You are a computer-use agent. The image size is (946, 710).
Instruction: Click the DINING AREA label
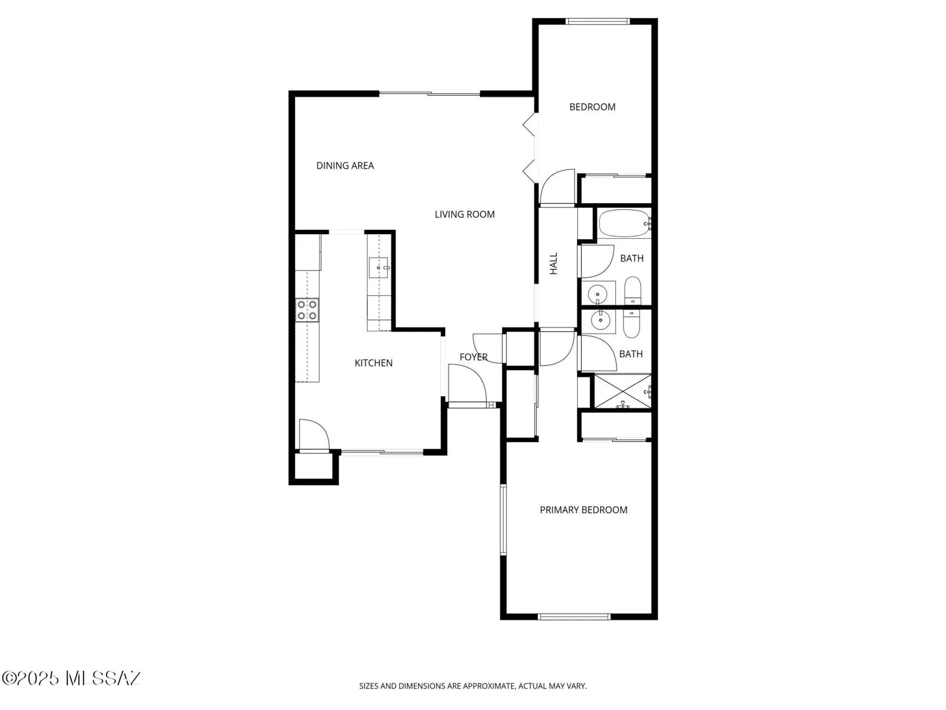point(345,166)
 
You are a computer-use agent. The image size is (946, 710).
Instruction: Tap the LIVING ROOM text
point(464,214)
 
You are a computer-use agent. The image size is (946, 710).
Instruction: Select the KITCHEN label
point(373,363)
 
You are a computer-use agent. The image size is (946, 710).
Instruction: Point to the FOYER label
point(473,357)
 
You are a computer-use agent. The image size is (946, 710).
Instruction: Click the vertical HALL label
point(554,263)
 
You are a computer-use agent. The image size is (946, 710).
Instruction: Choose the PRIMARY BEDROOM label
point(583,510)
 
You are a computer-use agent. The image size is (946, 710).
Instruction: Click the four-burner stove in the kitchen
point(307,311)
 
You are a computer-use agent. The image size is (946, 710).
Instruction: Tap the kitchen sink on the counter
point(378,268)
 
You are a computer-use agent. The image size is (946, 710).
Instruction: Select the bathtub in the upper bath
point(625,223)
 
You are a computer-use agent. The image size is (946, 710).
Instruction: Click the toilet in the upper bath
point(633,291)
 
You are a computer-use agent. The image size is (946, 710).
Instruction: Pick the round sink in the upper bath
point(598,294)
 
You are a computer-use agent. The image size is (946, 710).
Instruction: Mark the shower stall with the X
point(622,391)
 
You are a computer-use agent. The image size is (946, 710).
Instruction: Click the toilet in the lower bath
point(631,323)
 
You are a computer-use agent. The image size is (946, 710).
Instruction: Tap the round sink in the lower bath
point(600,321)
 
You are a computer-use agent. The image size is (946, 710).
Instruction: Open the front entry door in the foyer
point(467,383)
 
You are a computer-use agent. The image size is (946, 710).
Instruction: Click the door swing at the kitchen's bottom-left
point(313,434)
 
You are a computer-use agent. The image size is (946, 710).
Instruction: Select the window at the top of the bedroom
point(598,21)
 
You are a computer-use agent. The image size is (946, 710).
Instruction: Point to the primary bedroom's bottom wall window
point(574,617)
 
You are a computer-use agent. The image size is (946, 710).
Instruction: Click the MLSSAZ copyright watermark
point(71,678)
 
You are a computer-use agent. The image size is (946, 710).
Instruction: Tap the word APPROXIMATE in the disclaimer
point(489,686)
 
